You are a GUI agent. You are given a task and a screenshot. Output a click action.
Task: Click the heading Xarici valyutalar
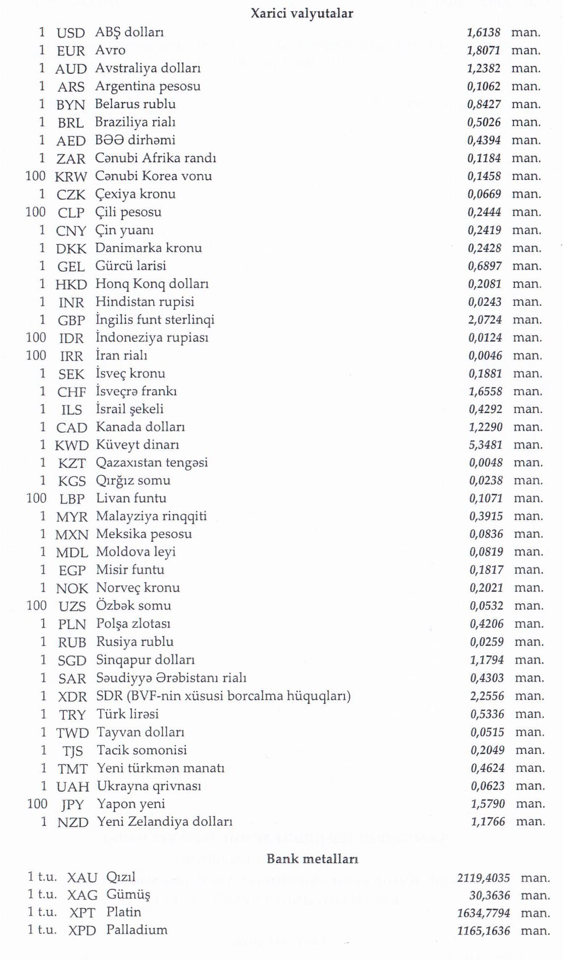pos(302,13)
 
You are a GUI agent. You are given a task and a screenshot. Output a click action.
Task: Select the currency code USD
pos(71,33)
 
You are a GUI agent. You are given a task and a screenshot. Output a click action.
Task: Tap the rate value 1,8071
pos(483,50)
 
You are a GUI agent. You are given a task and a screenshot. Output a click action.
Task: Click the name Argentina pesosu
pos(148,87)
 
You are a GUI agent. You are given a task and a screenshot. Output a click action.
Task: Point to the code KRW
pos(71,176)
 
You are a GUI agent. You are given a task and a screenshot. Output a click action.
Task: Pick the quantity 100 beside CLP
pos(35,212)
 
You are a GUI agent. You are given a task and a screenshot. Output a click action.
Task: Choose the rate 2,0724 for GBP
pos(485,320)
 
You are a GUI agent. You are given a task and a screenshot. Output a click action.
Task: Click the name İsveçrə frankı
pos(136,391)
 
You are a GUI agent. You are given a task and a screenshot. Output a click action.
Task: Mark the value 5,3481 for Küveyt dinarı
pos(485,445)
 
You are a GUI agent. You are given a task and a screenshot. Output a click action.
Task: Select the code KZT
pos(72,463)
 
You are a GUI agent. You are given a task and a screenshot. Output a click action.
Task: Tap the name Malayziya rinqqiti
pos(151,516)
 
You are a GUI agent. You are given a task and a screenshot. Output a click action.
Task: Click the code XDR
pos(72,697)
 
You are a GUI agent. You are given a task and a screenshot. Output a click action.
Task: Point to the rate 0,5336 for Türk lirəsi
pos(487,714)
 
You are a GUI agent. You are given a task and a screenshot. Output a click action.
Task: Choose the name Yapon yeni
pos(131,804)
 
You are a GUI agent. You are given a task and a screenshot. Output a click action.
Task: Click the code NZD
pos(73,822)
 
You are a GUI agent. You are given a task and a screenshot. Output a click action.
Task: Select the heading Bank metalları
pos(312,859)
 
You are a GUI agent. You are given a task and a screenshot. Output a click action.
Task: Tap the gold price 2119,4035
pos(483,877)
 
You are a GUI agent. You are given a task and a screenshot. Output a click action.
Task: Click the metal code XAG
pos(82,895)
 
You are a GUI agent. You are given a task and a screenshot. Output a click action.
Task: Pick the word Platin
pos(123,912)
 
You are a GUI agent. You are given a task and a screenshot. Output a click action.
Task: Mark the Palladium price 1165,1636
pos(483,931)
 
